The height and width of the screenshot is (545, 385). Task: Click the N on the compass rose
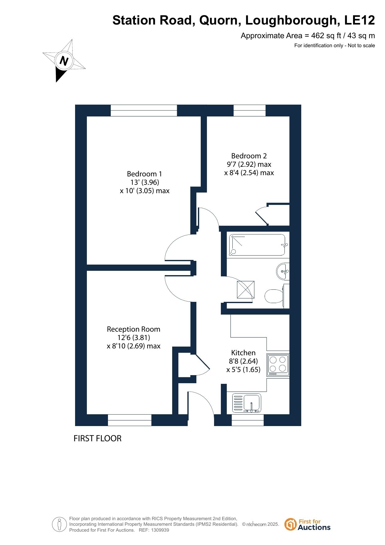pos(64,61)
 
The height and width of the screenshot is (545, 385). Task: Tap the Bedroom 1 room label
pos(145,174)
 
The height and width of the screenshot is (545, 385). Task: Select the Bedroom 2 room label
pos(249,156)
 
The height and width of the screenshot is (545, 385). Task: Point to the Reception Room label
pos(133,329)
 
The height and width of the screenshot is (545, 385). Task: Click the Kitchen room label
pos(244,353)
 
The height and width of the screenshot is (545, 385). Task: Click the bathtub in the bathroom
pos(257,245)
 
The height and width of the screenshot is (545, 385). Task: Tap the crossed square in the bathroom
pos(246,290)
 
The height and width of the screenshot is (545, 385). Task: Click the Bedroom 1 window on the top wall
pos(144,110)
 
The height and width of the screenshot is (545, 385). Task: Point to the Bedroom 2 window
pos(249,110)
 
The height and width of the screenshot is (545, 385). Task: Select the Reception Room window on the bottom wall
pos(130,420)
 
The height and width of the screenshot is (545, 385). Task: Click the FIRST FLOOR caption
pos(97,438)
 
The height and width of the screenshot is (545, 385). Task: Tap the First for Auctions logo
pos(307,525)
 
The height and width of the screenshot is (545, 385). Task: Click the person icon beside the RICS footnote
pos(59,525)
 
